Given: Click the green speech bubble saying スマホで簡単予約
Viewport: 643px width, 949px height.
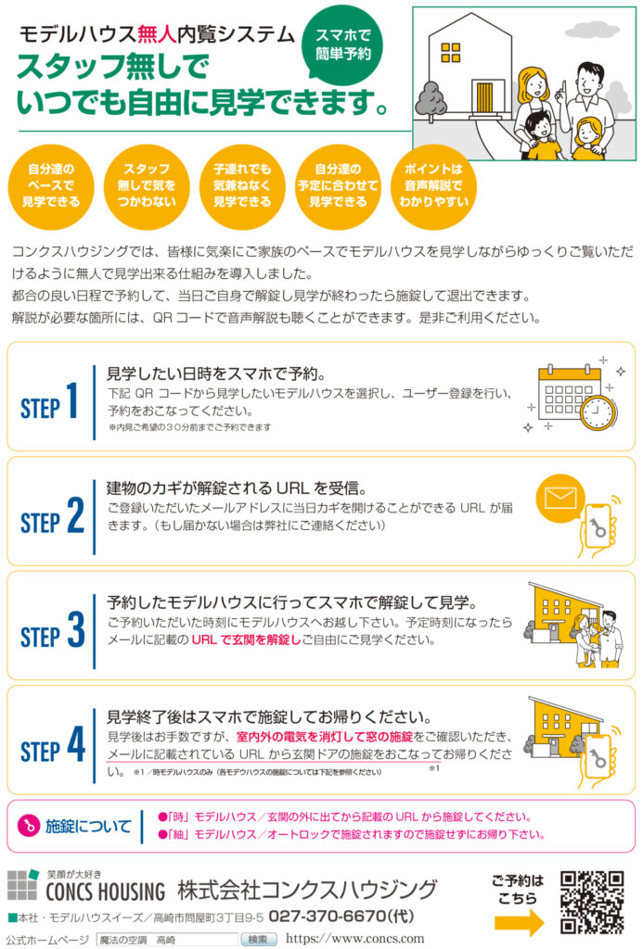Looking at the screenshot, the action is (342, 45).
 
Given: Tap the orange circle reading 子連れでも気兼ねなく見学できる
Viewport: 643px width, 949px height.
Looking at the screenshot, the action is (242, 185).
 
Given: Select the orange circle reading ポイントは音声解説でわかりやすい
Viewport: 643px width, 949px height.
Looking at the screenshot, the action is (433, 185).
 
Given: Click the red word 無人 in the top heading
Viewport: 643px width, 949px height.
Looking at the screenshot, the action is (157, 34).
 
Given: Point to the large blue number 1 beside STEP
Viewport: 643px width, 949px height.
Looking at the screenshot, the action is (72, 400).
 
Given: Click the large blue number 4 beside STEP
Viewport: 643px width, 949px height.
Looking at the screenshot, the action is (76, 744).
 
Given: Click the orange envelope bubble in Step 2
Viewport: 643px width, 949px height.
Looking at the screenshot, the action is (560, 500).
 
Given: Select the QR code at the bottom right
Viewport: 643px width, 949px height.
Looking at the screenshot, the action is (592, 903).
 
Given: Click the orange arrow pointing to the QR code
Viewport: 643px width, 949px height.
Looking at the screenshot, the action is (519, 924).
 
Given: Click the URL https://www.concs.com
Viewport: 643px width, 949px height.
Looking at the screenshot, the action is (355, 939).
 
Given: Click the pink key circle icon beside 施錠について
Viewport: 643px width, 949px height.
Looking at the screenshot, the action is (29, 825).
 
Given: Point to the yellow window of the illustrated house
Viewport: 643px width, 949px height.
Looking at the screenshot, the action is (450, 53).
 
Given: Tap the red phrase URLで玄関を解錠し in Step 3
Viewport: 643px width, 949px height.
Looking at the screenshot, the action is (246, 639).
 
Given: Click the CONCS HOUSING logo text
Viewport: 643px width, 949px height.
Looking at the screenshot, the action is (106, 892).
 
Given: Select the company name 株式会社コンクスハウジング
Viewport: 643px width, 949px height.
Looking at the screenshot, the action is (307, 890).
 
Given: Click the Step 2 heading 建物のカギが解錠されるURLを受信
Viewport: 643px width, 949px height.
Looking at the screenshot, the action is (237, 487).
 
